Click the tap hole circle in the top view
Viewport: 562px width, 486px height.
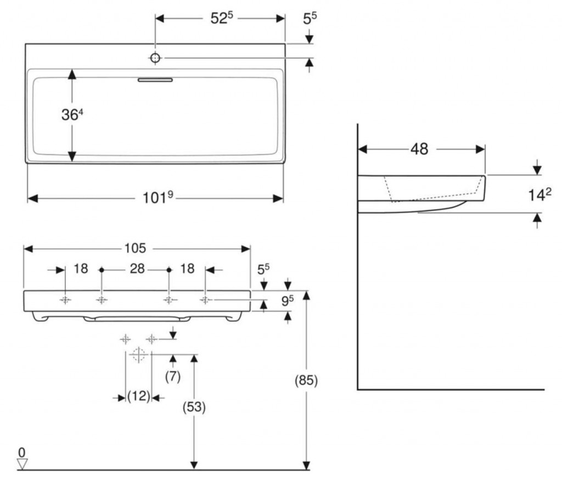pyautogui.click(x=155, y=58)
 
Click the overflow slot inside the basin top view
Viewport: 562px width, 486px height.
pyautogui.click(x=155, y=80)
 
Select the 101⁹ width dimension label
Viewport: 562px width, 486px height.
pyautogui.click(x=158, y=197)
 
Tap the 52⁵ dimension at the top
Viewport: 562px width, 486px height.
pyautogui.click(x=222, y=18)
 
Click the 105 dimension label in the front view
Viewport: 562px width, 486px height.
pyautogui.click(x=135, y=248)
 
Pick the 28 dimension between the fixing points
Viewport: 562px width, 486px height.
pyautogui.click(x=137, y=269)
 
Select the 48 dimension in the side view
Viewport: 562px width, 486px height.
pyautogui.click(x=419, y=149)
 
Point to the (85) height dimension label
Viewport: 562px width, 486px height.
pyautogui.click(x=306, y=380)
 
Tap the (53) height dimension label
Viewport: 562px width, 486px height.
pyautogui.click(x=193, y=407)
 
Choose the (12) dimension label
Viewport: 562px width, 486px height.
pyautogui.click(x=138, y=396)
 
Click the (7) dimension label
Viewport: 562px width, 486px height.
pyautogui.click(x=172, y=377)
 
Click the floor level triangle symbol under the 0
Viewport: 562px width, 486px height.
pyautogui.click(x=22, y=465)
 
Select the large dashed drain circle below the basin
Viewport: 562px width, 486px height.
pyautogui.click(x=138, y=355)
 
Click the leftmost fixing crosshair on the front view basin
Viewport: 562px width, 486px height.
pyautogui.click(x=65, y=300)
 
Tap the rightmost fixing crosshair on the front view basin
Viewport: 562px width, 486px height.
pyautogui.click(x=205, y=300)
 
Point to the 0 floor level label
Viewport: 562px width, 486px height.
pyautogui.click(x=22, y=452)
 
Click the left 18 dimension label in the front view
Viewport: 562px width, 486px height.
pyautogui.click(x=81, y=269)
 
